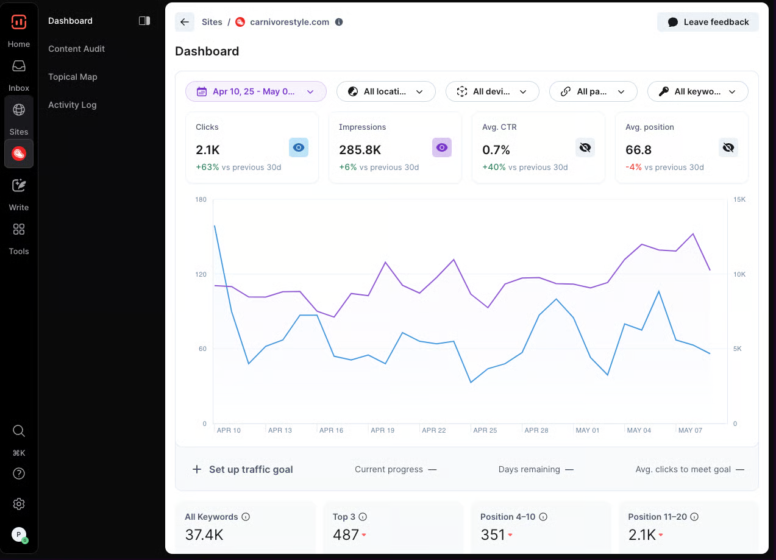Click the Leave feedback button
click(x=708, y=22)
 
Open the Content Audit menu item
click(x=77, y=49)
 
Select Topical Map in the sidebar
click(x=73, y=77)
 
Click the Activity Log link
click(x=72, y=105)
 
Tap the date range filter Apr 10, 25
click(x=255, y=91)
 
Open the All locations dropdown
click(x=386, y=91)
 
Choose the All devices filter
click(x=492, y=91)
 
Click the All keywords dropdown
click(x=697, y=91)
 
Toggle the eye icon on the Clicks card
click(x=299, y=147)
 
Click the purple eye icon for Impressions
click(x=442, y=147)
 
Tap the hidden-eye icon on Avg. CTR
click(x=585, y=147)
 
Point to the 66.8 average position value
click(x=638, y=150)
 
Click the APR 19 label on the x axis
click(x=382, y=430)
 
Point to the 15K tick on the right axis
click(x=739, y=200)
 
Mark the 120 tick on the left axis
click(x=201, y=274)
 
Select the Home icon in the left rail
click(x=19, y=23)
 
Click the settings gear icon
click(x=19, y=504)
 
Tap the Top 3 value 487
click(x=346, y=535)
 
